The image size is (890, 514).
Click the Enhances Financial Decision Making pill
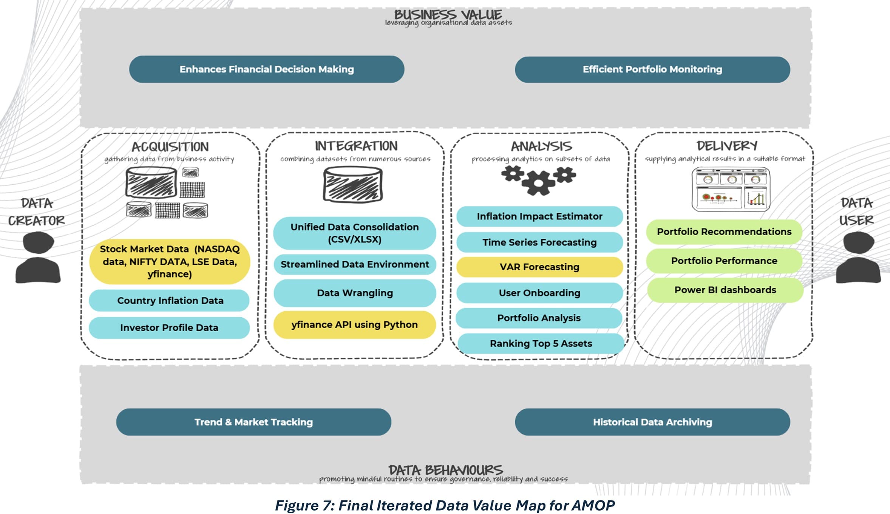pos(266,69)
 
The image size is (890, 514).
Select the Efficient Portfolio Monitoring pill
pos(652,69)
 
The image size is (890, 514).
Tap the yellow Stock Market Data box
pos(170,261)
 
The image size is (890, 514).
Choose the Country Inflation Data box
pos(170,301)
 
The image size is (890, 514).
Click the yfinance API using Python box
pos(354,325)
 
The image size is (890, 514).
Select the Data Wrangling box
pos(354,293)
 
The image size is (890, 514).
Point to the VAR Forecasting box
pos(539,267)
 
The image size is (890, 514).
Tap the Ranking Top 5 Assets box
pos(541,344)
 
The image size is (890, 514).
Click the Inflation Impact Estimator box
pos(539,216)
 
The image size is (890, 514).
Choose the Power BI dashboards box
pos(725,290)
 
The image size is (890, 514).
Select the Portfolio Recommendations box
pos(724,232)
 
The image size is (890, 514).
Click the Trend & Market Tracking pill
pos(253,422)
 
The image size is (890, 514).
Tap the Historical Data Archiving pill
pos(652,422)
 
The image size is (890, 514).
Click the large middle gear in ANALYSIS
pos(538,184)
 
